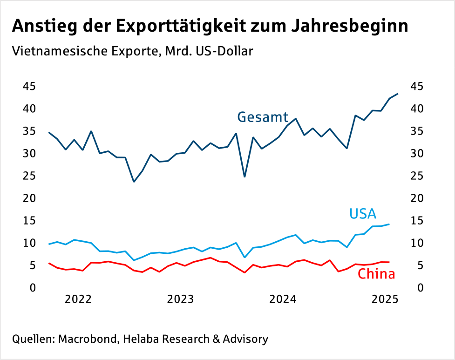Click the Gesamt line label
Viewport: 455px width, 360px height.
pyautogui.click(x=263, y=117)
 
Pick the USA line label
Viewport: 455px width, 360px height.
pyautogui.click(x=363, y=214)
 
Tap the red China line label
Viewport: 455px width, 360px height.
pyautogui.click(x=376, y=274)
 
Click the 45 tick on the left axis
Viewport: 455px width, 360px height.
pyautogui.click(x=29, y=87)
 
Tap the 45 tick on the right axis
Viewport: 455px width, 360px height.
pyautogui.click(x=417, y=87)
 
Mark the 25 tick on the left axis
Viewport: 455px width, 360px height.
pyautogui.click(x=29, y=176)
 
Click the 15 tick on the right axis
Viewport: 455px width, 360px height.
pyautogui.click(x=417, y=221)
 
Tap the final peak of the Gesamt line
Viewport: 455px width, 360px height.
pyautogui.click(x=397, y=94)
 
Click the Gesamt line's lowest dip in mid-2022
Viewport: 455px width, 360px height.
pyautogui.click(x=134, y=182)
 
